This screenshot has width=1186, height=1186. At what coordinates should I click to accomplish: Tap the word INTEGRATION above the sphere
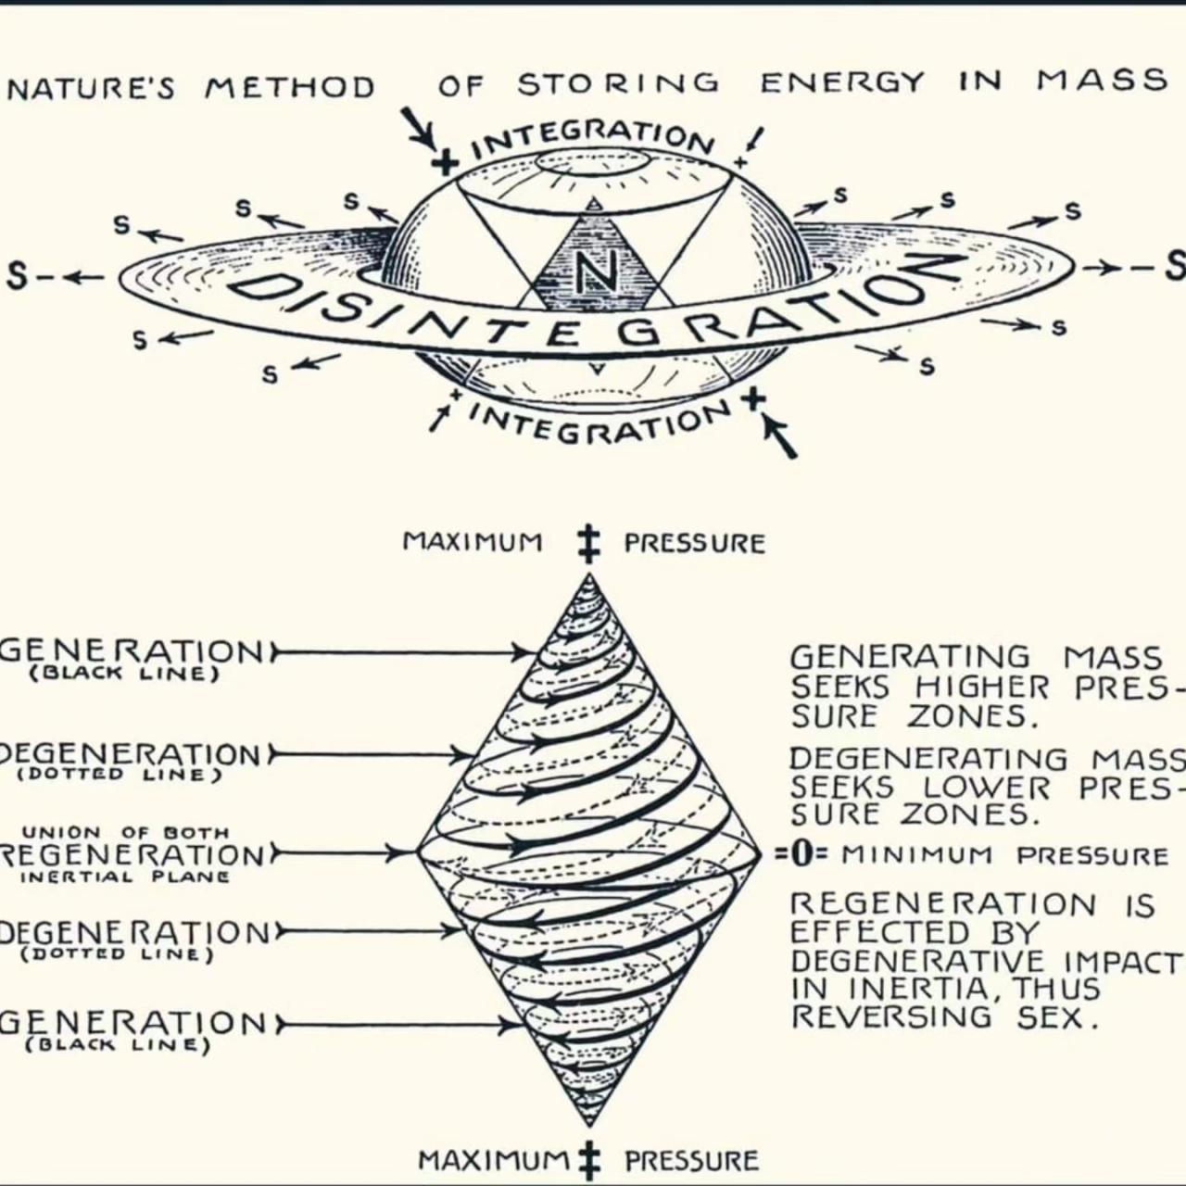coord(594,138)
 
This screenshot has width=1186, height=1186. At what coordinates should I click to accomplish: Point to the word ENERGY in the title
coord(842,82)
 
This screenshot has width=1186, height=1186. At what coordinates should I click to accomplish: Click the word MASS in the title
coord(1101,80)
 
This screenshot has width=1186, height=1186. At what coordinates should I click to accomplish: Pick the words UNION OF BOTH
coord(126,833)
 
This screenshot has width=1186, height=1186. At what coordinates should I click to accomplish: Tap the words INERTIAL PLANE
coord(126,877)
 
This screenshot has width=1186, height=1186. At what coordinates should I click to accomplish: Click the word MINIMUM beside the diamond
coord(916,855)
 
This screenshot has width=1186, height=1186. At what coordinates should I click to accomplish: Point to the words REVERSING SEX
coord(945,1017)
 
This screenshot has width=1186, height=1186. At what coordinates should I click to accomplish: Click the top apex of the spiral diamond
coord(589,574)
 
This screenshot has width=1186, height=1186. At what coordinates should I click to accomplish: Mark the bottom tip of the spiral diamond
coord(589,1126)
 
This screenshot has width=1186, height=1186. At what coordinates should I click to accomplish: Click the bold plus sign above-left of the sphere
coord(447,164)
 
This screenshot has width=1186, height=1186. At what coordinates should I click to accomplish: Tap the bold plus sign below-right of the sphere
coord(752,399)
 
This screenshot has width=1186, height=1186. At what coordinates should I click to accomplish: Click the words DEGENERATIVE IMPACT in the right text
coord(987,963)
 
